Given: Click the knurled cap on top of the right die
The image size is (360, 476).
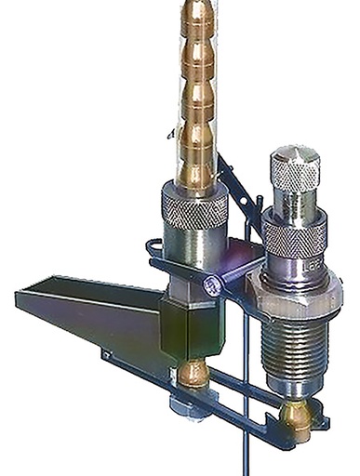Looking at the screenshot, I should coord(295,170).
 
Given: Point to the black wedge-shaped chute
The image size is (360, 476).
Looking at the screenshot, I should coord(88,307).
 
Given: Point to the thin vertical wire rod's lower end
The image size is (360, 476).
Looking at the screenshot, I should coord(244,460).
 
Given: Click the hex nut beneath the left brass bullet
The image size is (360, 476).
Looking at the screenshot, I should coord(191,407).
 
